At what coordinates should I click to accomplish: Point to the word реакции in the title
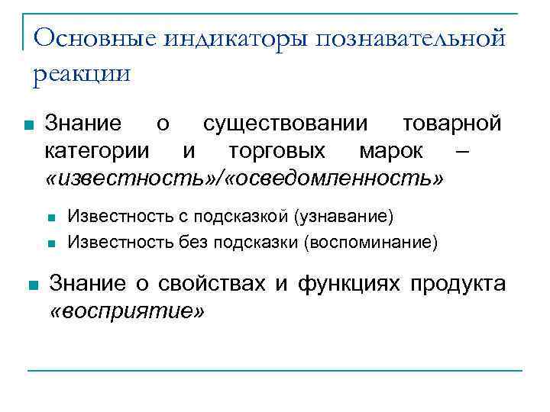coord(82,74)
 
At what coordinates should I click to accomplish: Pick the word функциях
coord(348,284)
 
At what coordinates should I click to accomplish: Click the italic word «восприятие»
coord(128,311)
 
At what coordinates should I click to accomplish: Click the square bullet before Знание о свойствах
coord(31,285)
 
